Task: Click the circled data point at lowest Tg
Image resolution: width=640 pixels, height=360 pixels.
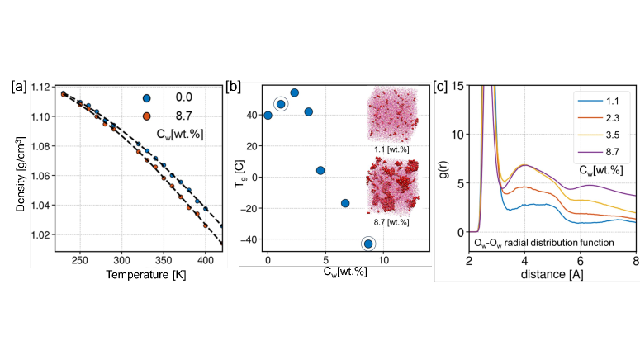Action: pos(368,243)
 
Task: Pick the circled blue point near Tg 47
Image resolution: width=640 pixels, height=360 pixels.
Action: pos(281,104)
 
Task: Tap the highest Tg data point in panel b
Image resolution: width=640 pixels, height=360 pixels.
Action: pos(294,92)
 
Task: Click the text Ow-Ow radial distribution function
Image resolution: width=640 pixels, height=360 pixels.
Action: pos(543,242)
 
